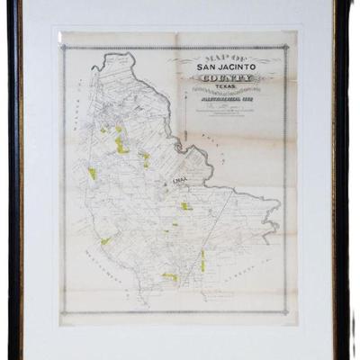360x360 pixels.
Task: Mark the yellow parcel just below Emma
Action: click(185, 206)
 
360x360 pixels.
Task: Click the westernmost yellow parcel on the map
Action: click(91, 172)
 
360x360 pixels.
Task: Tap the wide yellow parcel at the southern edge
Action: click(169, 276)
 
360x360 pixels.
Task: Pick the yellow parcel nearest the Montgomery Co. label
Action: click(105, 240)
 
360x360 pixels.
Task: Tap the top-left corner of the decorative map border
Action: click(62, 46)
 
